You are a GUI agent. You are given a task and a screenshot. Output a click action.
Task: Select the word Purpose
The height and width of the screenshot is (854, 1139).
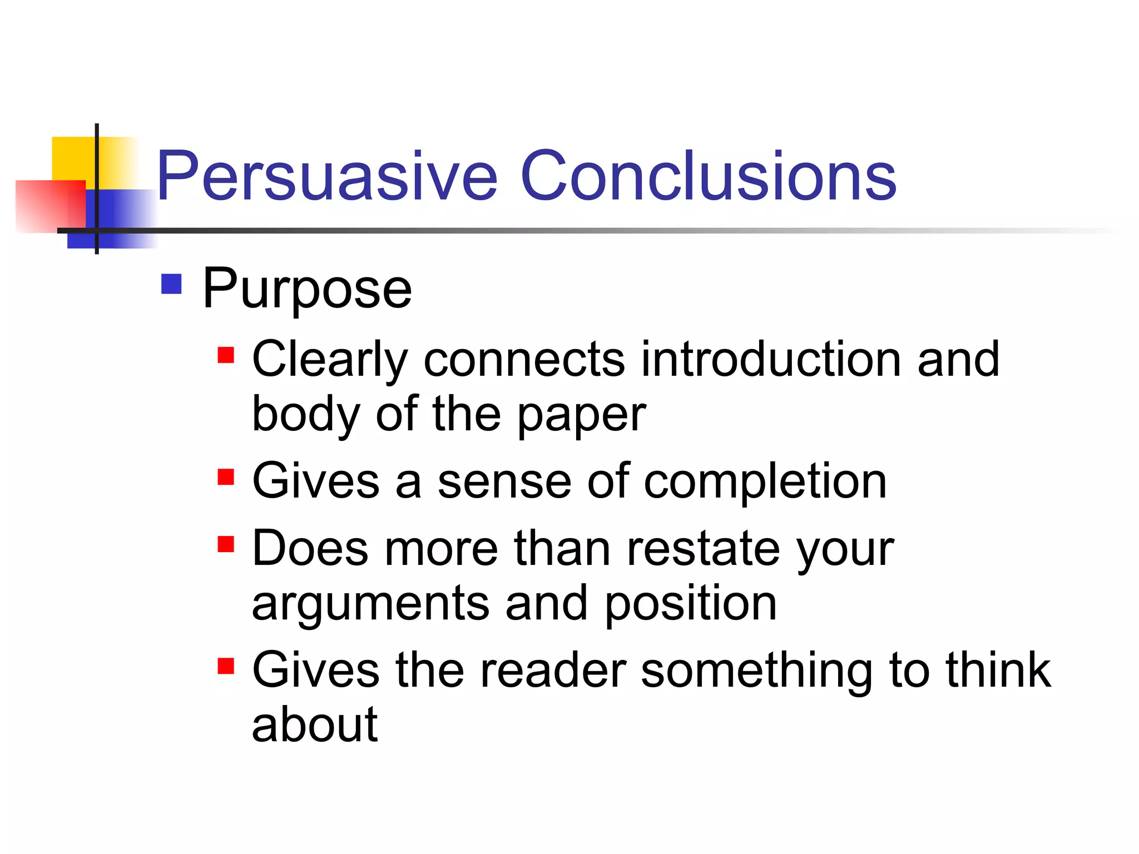tap(307, 289)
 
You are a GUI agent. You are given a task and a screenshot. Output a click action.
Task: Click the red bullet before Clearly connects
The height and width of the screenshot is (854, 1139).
tap(226, 355)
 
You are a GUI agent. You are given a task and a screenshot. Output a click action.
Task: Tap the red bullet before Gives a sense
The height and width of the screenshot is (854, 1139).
tap(226, 477)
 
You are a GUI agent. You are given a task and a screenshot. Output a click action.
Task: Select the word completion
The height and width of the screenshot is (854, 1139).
tap(765, 481)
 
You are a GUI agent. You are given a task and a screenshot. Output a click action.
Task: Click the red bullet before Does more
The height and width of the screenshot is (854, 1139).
tap(226, 544)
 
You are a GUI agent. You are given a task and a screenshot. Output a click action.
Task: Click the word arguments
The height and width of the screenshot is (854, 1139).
tap(370, 605)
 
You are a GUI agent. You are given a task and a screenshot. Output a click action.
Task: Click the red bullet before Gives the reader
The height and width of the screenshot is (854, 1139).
tap(226, 666)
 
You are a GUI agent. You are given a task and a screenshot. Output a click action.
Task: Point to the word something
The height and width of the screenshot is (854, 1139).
tap(756, 672)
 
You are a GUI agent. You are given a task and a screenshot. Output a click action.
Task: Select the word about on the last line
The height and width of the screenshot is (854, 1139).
tap(315, 725)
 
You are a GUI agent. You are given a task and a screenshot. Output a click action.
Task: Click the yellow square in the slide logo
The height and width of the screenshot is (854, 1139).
tap(72, 158)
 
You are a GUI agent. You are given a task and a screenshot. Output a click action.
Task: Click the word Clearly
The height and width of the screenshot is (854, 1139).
tap(330, 360)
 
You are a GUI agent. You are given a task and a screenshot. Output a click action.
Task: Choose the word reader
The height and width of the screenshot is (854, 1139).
tap(553, 671)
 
